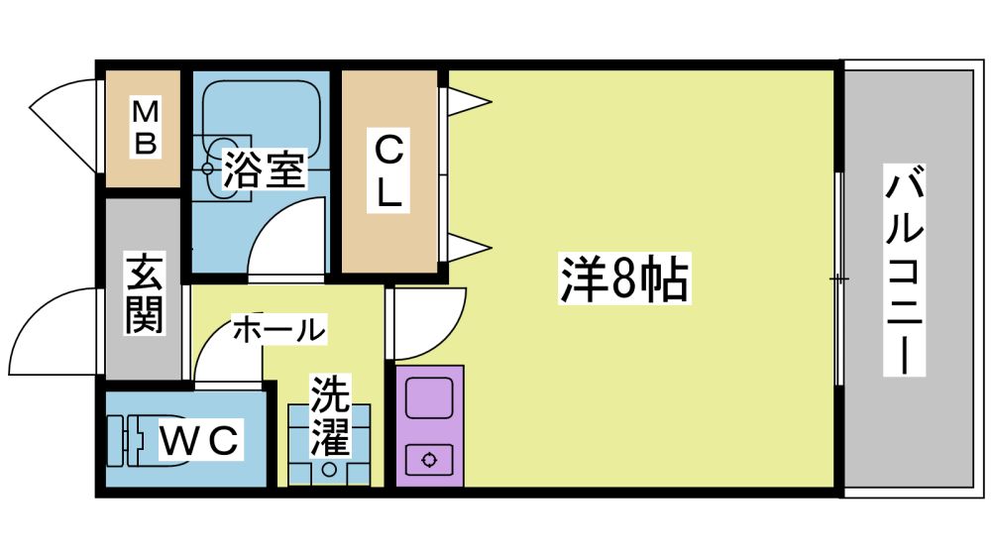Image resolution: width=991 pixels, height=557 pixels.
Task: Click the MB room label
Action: (146, 127)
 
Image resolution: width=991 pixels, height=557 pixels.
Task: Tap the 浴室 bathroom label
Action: (263, 169)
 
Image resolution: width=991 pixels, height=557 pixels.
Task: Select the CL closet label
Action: (389, 169)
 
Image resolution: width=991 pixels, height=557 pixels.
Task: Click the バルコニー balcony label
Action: (905, 272)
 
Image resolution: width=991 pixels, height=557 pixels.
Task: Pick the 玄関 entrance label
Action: (145, 293)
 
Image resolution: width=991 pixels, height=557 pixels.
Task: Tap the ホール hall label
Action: (278, 330)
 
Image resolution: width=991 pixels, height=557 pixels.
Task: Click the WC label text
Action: (200, 440)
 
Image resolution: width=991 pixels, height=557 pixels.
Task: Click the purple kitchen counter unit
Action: (429, 426)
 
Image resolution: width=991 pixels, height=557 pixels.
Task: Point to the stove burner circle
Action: (429, 459)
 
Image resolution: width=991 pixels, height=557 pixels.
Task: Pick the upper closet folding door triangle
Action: (466, 99)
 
